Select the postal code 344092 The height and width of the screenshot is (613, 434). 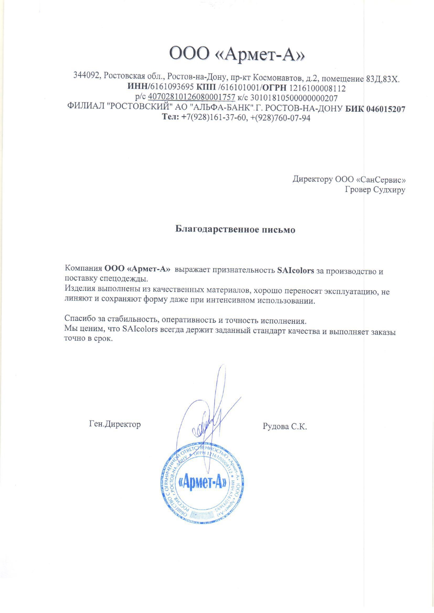[87, 75]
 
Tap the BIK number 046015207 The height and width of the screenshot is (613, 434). [385, 109]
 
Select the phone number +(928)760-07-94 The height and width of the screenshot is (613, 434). [280, 118]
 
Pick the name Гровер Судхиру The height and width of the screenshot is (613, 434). [375, 190]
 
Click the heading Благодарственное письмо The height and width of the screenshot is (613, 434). [235, 229]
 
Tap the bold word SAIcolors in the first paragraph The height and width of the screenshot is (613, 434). [295, 270]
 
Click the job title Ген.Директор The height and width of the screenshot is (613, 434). [115, 424]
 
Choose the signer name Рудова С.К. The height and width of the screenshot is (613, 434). [285, 426]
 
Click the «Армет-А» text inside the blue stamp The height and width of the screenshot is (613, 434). [203, 483]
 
